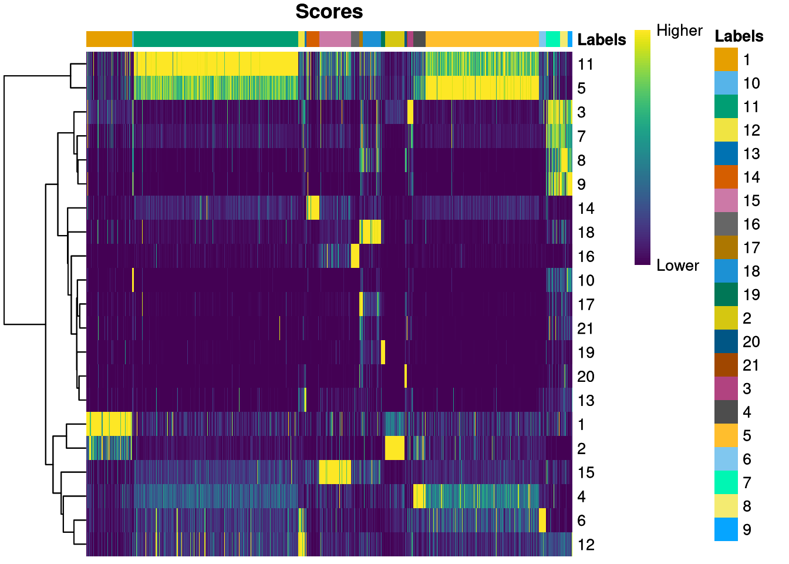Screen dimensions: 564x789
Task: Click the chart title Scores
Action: pyautogui.click(x=329, y=12)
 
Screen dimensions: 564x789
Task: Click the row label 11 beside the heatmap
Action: pyautogui.click(x=585, y=64)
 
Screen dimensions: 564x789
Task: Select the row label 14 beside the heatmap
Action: pyautogui.click(x=585, y=209)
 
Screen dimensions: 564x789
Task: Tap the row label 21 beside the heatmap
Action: pyautogui.click(x=585, y=328)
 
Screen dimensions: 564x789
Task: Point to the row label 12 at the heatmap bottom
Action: pyautogui.click(x=585, y=545)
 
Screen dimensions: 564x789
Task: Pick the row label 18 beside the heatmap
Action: pyautogui.click(x=585, y=233)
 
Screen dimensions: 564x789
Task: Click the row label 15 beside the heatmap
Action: pyautogui.click(x=585, y=472)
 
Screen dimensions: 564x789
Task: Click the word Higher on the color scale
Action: pyautogui.click(x=679, y=31)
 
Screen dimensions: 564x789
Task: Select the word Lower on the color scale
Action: pyautogui.click(x=677, y=266)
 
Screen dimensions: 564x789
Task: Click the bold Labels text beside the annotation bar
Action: pyautogui.click(x=602, y=39)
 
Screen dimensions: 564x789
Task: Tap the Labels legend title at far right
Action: pyautogui.click(x=739, y=36)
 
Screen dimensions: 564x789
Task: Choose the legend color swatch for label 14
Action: pyautogui.click(x=726, y=177)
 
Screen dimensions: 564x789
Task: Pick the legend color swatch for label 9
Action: pyautogui.click(x=726, y=529)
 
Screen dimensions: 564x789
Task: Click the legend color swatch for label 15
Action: pyautogui.click(x=726, y=200)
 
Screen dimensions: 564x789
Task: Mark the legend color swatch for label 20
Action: pyautogui.click(x=726, y=341)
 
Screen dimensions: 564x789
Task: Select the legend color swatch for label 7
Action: pyautogui.click(x=726, y=482)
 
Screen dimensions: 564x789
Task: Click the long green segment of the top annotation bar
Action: pyautogui.click(x=216, y=39)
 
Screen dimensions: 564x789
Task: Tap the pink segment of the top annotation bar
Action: pyautogui.click(x=335, y=39)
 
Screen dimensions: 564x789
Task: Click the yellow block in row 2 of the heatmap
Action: pyautogui.click(x=394, y=448)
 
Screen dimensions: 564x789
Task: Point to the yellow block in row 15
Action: pyautogui.click(x=335, y=472)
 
